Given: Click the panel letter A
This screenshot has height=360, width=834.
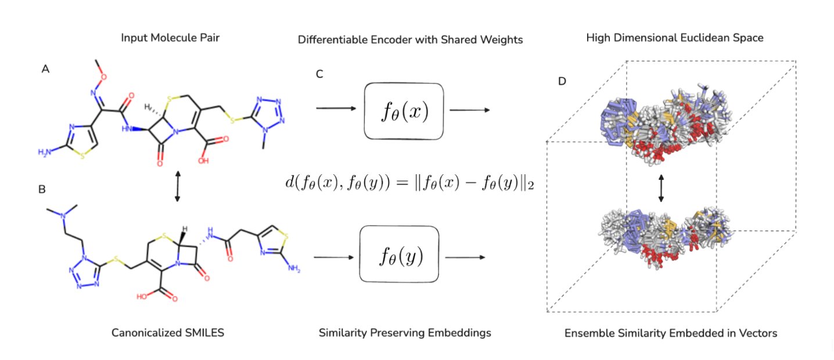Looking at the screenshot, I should point(45,69).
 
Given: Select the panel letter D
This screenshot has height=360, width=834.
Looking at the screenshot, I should point(562,81).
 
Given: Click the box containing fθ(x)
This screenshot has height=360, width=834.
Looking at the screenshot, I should point(404,111).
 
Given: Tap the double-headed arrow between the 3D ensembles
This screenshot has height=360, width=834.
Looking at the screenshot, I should point(660,189).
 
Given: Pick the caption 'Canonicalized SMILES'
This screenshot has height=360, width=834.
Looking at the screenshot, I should point(168,333).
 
